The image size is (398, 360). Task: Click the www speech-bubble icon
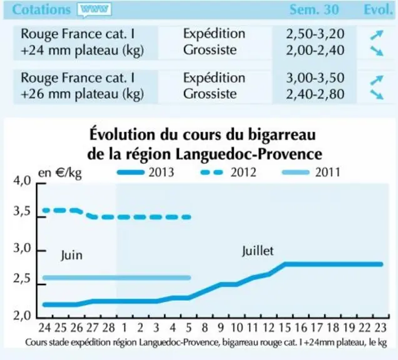pos(94,11)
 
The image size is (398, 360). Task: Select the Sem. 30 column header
pos(314,9)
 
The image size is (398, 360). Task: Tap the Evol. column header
pos(378,9)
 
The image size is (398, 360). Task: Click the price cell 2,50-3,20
pos(315,34)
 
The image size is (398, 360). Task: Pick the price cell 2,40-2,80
pos(315,94)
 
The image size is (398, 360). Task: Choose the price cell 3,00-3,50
pos(315,78)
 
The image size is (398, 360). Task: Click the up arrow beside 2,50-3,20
pos(377,35)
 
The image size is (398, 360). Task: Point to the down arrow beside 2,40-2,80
pos(377,94)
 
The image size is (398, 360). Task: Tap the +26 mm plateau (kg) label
pos(82,94)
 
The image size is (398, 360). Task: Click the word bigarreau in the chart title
pos(282,134)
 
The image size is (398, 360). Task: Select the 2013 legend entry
pos(146,172)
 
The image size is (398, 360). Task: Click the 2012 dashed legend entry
pos(228,172)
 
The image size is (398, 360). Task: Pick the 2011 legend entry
pos(311,172)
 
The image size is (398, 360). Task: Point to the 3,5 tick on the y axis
pos(21,211)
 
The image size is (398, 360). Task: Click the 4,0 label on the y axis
pos(21,181)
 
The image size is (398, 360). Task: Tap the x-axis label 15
pos(285,327)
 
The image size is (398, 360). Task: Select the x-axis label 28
pos(109,327)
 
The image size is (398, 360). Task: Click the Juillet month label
pos(257,251)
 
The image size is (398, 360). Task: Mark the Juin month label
pos(71,255)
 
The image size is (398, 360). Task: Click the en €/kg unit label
pos(60,173)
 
